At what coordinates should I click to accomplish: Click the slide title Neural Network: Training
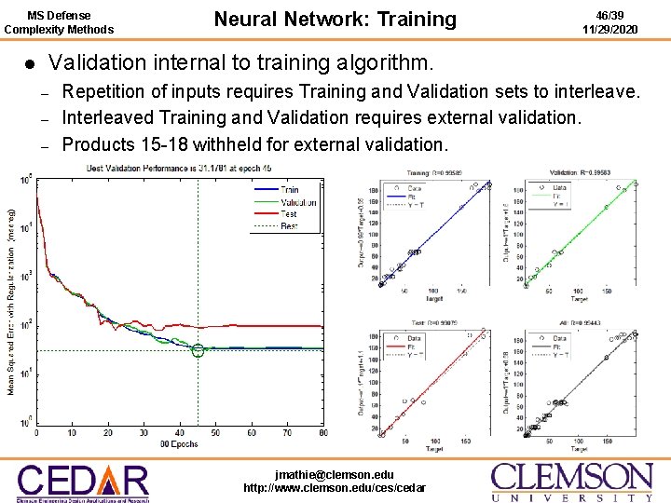pyautogui.click(x=335, y=20)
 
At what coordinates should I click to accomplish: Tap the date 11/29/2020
pyautogui.click(x=610, y=29)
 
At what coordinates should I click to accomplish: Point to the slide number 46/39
pyautogui.click(x=610, y=14)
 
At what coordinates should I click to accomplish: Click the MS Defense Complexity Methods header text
pyautogui.click(x=59, y=21)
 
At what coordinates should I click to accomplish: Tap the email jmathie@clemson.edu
pyautogui.click(x=335, y=474)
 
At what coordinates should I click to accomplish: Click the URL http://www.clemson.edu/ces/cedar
pyautogui.click(x=335, y=488)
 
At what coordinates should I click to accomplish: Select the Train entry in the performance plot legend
pyautogui.click(x=290, y=190)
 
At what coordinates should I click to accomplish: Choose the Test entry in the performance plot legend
pyautogui.click(x=290, y=213)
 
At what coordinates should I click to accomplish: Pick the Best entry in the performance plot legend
pyautogui.click(x=290, y=225)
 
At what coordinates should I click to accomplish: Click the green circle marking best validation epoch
pyautogui.click(x=198, y=350)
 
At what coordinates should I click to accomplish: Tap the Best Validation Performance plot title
pyautogui.click(x=178, y=169)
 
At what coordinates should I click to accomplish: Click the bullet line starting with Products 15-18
pyautogui.click(x=254, y=144)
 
